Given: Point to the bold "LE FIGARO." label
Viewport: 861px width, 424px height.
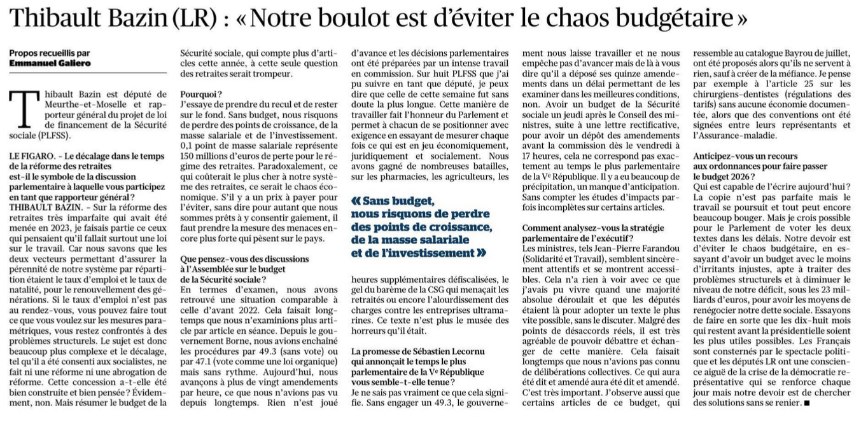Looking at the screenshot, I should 32,156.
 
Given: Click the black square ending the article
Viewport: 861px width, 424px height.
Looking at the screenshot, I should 807,402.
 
